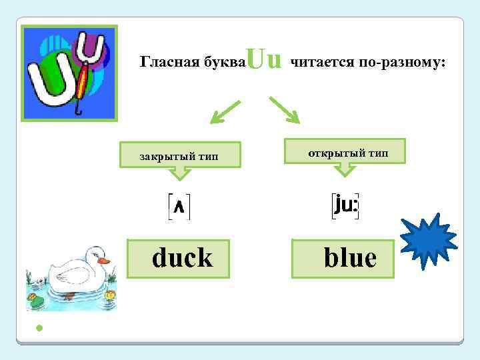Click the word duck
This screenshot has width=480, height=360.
(182, 257)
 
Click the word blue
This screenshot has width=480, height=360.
(349, 257)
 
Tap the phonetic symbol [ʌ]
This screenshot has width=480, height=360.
(179, 207)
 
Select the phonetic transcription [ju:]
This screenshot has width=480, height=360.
(345, 205)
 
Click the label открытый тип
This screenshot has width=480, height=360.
(347, 153)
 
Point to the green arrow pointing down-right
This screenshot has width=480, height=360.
(285, 109)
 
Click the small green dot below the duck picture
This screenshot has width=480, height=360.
(39, 328)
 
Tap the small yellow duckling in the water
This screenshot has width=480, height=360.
(110, 294)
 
